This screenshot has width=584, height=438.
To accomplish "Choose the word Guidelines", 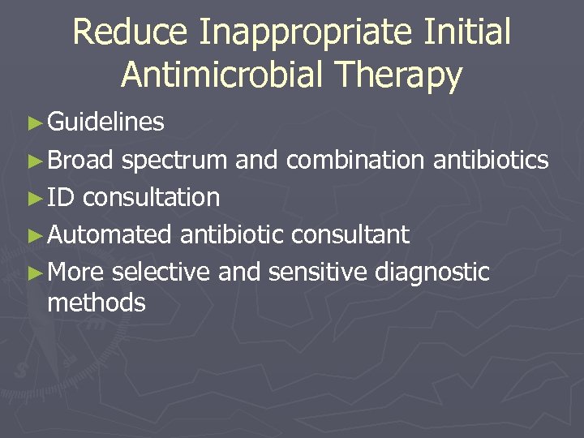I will (106, 122).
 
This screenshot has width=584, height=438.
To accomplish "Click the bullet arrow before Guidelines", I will (33, 123).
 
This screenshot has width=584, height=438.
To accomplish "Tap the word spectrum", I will (174, 161).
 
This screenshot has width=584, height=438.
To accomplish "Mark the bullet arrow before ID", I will (33, 198).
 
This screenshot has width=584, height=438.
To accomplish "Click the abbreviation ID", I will (61, 197).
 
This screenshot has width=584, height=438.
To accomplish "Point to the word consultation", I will (152, 197).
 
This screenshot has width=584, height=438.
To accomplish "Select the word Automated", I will (109, 234).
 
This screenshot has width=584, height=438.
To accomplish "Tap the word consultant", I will (350, 234).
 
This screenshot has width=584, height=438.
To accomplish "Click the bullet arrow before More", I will (33, 273).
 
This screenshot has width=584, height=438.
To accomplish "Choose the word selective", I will (161, 272).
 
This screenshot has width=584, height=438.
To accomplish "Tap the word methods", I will (97, 303).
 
